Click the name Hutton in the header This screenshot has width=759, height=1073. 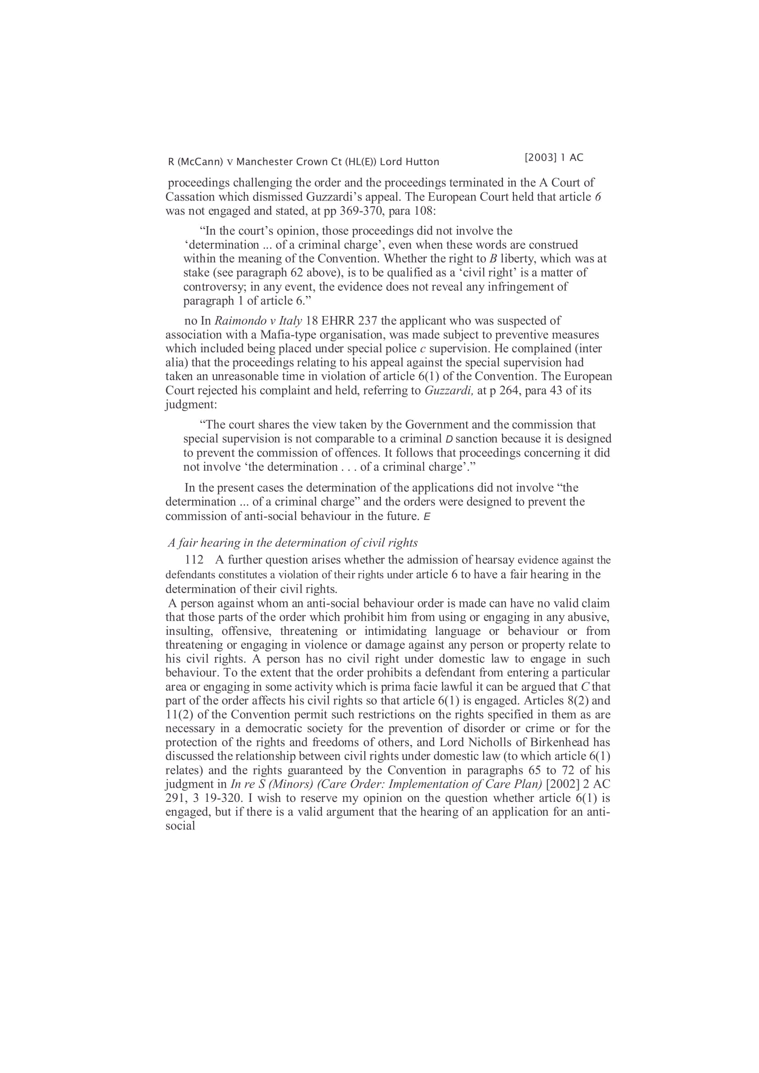tap(422, 162)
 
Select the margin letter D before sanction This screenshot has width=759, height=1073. tap(449, 439)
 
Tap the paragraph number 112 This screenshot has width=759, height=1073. tap(194, 560)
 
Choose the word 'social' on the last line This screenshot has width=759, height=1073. tap(180, 826)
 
